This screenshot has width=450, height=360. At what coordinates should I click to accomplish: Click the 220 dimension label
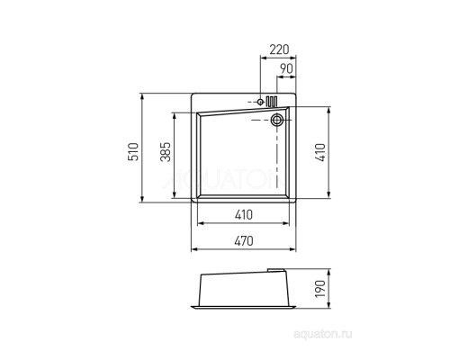[x=279, y=49]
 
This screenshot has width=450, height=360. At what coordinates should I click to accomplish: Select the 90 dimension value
[x=286, y=68]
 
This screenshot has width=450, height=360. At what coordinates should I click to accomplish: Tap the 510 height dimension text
[x=133, y=152]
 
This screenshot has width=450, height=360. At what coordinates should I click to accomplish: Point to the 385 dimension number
[x=166, y=152]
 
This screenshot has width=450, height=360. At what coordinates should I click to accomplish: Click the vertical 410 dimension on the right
[x=320, y=153]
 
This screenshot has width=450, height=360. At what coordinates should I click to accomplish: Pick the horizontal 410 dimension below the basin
[x=244, y=215]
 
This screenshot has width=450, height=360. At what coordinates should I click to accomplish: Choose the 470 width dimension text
[x=244, y=241]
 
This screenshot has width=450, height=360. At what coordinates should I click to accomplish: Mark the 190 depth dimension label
[x=320, y=289]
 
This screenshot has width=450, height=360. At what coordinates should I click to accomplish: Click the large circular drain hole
[x=276, y=120]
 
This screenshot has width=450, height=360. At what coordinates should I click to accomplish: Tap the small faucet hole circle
[x=260, y=102]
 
